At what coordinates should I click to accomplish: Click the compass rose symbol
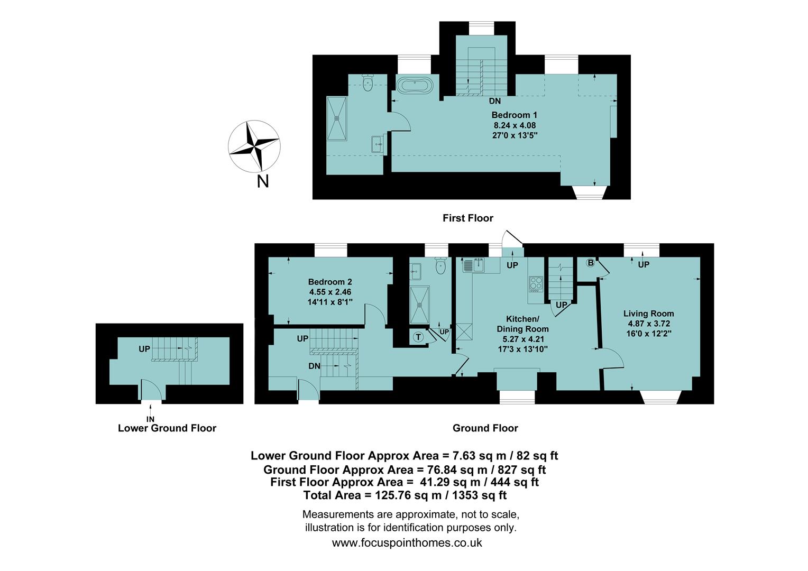[254, 146]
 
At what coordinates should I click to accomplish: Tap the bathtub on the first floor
[415, 85]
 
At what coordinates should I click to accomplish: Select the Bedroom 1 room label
[514, 115]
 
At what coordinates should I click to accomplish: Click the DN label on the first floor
[494, 101]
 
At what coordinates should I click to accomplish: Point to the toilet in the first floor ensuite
[368, 83]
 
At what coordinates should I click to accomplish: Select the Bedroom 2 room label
[330, 282]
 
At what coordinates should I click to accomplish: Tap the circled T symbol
[418, 337]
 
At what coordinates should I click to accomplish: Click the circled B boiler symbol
[590, 262]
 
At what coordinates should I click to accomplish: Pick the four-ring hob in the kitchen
[535, 284]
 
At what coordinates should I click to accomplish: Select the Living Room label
[648, 313]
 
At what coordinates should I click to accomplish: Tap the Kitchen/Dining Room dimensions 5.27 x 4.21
[522, 339]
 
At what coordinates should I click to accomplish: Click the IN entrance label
[151, 419]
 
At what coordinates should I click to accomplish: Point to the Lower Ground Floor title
[167, 428]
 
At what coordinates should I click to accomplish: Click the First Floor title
[467, 218]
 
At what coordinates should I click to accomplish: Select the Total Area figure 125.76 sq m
[405, 495]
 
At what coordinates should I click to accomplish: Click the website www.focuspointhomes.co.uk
[407, 542]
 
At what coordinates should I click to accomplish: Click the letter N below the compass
[262, 181]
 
